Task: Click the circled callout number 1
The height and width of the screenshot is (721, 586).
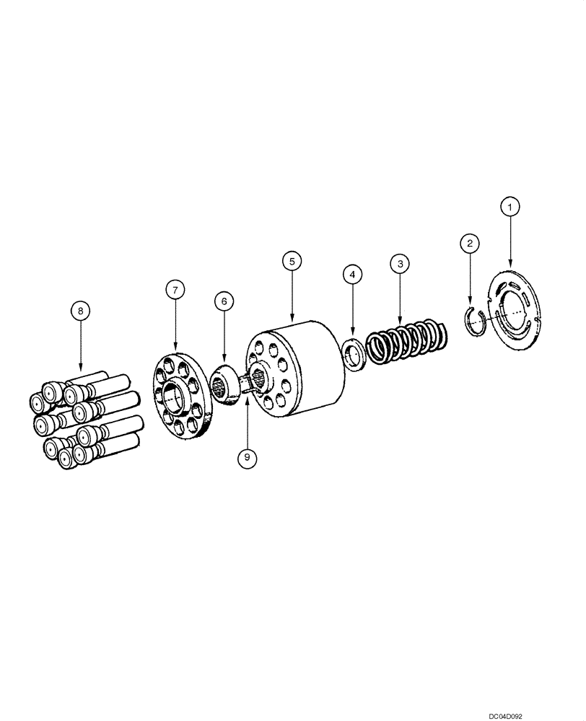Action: coord(510,208)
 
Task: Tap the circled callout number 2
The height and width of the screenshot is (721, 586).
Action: coord(469,244)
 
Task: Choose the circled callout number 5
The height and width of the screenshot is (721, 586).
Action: coord(292,261)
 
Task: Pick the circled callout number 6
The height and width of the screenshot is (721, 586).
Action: coord(224,301)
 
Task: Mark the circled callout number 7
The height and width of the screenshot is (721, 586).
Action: coord(174,290)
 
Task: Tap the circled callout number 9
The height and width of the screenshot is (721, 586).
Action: coord(247,456)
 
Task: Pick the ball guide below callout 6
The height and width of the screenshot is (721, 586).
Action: coord(227,385)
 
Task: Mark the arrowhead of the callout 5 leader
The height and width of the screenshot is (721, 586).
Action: coord(292,321)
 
